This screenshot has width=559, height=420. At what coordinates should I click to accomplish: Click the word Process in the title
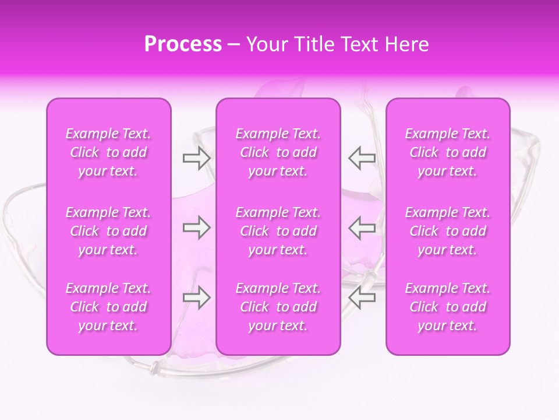point(183,44)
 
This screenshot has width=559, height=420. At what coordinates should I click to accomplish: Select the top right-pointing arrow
point(196,158)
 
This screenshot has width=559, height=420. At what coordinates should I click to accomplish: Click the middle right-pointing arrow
point(196,228)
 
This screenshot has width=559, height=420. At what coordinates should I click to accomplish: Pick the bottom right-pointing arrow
point(196,297)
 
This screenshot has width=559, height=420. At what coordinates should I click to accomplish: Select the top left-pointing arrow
point(362,158)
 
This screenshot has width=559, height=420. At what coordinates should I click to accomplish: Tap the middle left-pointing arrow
point(362,228)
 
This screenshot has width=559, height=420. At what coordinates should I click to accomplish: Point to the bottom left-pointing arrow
point(362,297)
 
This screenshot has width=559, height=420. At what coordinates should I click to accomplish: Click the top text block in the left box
point(108,152)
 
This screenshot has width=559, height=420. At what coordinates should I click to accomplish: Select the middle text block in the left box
point(108,231)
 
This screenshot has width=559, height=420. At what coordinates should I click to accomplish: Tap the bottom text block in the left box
point(108,307)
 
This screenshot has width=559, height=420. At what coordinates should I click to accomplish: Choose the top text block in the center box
point(278,152)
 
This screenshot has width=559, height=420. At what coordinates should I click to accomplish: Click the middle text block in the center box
point(278,231)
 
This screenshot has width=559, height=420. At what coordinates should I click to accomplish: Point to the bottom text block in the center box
point(278,307)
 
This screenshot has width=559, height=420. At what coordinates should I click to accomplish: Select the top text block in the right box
point(448,152)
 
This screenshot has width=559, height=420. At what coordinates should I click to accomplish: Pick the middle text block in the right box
point(448,231)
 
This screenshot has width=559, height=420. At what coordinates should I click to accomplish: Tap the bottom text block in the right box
point(448,307)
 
